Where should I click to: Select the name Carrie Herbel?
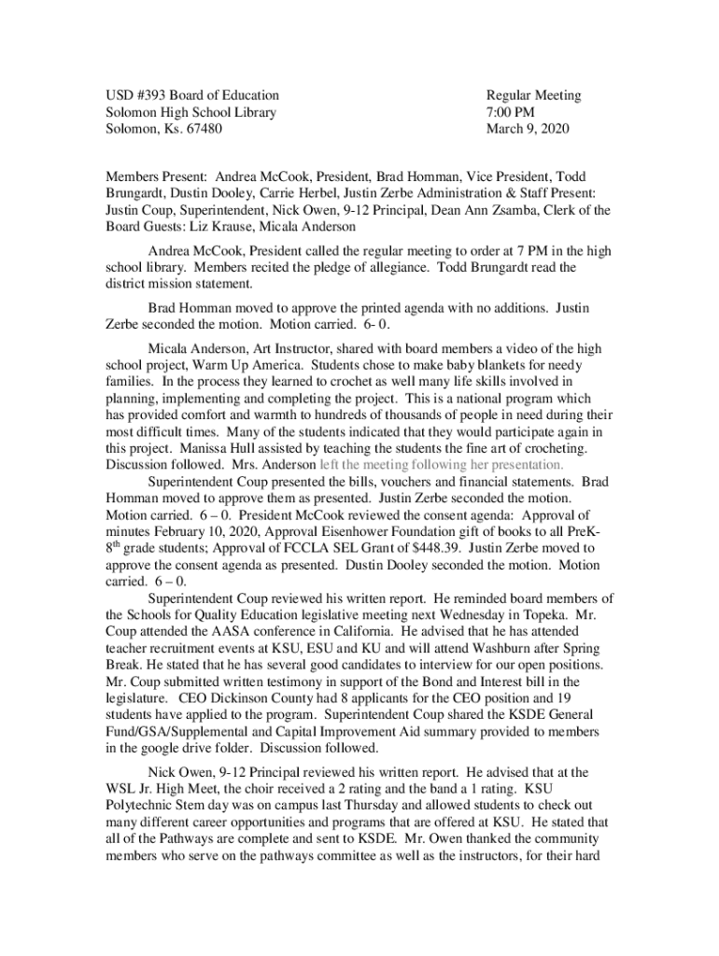(x=280, y=193)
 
